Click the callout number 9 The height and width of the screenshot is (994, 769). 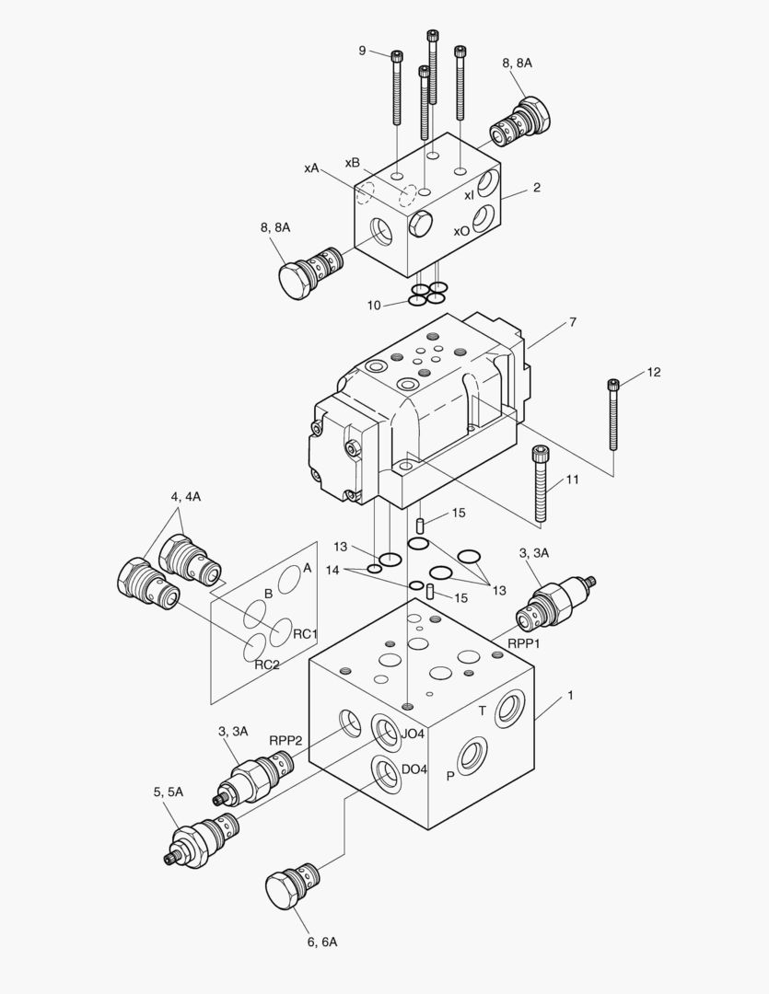[363, 51]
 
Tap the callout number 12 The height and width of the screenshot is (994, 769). [653, 373]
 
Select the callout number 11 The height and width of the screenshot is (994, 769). [573, 480]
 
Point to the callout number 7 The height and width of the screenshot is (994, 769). [572, 322]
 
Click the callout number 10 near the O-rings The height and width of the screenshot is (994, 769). [374, 305]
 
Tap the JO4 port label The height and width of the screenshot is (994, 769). [414, 734]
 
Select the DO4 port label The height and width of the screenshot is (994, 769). [414, 769]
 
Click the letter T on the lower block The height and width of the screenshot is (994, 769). [481, 711]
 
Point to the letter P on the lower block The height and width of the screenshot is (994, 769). [450, 776]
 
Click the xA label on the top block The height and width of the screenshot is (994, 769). [311, 168]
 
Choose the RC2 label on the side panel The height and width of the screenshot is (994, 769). [267, 665]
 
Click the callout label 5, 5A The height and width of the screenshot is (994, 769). [169, 792]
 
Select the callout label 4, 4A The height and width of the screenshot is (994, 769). [185, 497]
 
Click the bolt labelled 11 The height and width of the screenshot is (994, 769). [542, 483]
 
